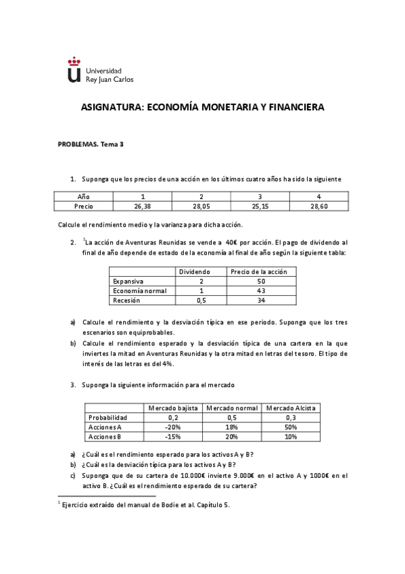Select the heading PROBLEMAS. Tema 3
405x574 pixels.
(x=91, y=143)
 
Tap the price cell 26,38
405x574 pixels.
(x=142, y=206)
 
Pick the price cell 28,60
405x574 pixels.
(x=319, y=206)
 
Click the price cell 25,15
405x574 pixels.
(x=260, y=206)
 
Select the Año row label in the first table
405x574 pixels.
(x=84, y=196)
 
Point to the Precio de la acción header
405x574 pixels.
(x=258, y=271)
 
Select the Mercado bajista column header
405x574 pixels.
(x=173, y=408)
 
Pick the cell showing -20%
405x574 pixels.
(x=173, y=427)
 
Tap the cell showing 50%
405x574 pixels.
(x=291, y=427)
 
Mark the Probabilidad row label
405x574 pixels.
(x=108, y=418)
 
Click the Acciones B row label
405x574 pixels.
(x=105, y=437)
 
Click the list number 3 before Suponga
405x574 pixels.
(x=73, y=384)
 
